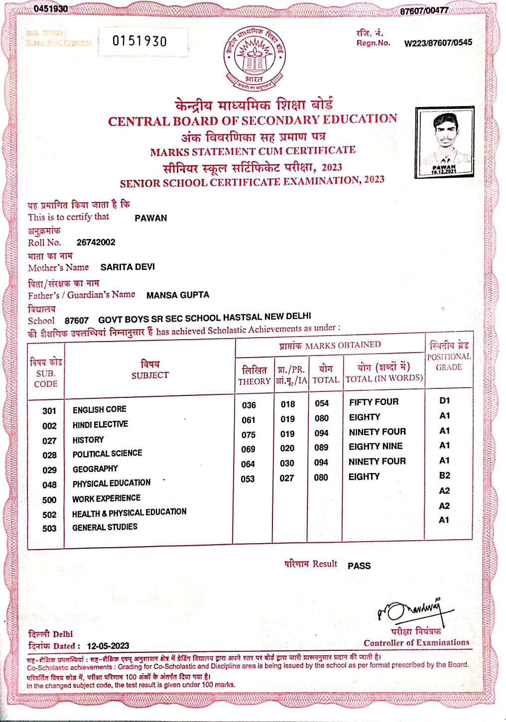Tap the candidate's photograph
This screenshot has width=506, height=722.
pos(444,143)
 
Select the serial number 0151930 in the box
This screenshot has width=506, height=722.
pos(139,41)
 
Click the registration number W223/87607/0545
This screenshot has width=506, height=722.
pos(438,43)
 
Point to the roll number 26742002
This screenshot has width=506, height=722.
pos(96,242)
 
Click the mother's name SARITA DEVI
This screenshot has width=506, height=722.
pos(127,267)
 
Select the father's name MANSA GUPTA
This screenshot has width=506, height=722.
pos(177,295)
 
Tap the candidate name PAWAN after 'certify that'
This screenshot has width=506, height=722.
pos(150,218)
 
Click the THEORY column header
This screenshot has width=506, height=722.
pos(254,381)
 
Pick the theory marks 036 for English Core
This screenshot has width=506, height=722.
pos(249,405)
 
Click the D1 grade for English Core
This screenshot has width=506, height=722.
pos(444,400)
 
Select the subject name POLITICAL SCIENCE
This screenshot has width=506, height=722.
pos(107,454)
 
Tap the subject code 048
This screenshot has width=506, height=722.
pos(49,484)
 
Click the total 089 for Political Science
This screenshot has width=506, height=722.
pos(321,448)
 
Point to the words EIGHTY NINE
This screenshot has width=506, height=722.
pos(376,447)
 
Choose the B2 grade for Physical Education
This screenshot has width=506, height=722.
pos(444,476)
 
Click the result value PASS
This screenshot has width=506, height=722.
pos(359,566)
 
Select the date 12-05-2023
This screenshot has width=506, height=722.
pos(108,646)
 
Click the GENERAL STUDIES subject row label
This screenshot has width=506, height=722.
pos(105,527)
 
